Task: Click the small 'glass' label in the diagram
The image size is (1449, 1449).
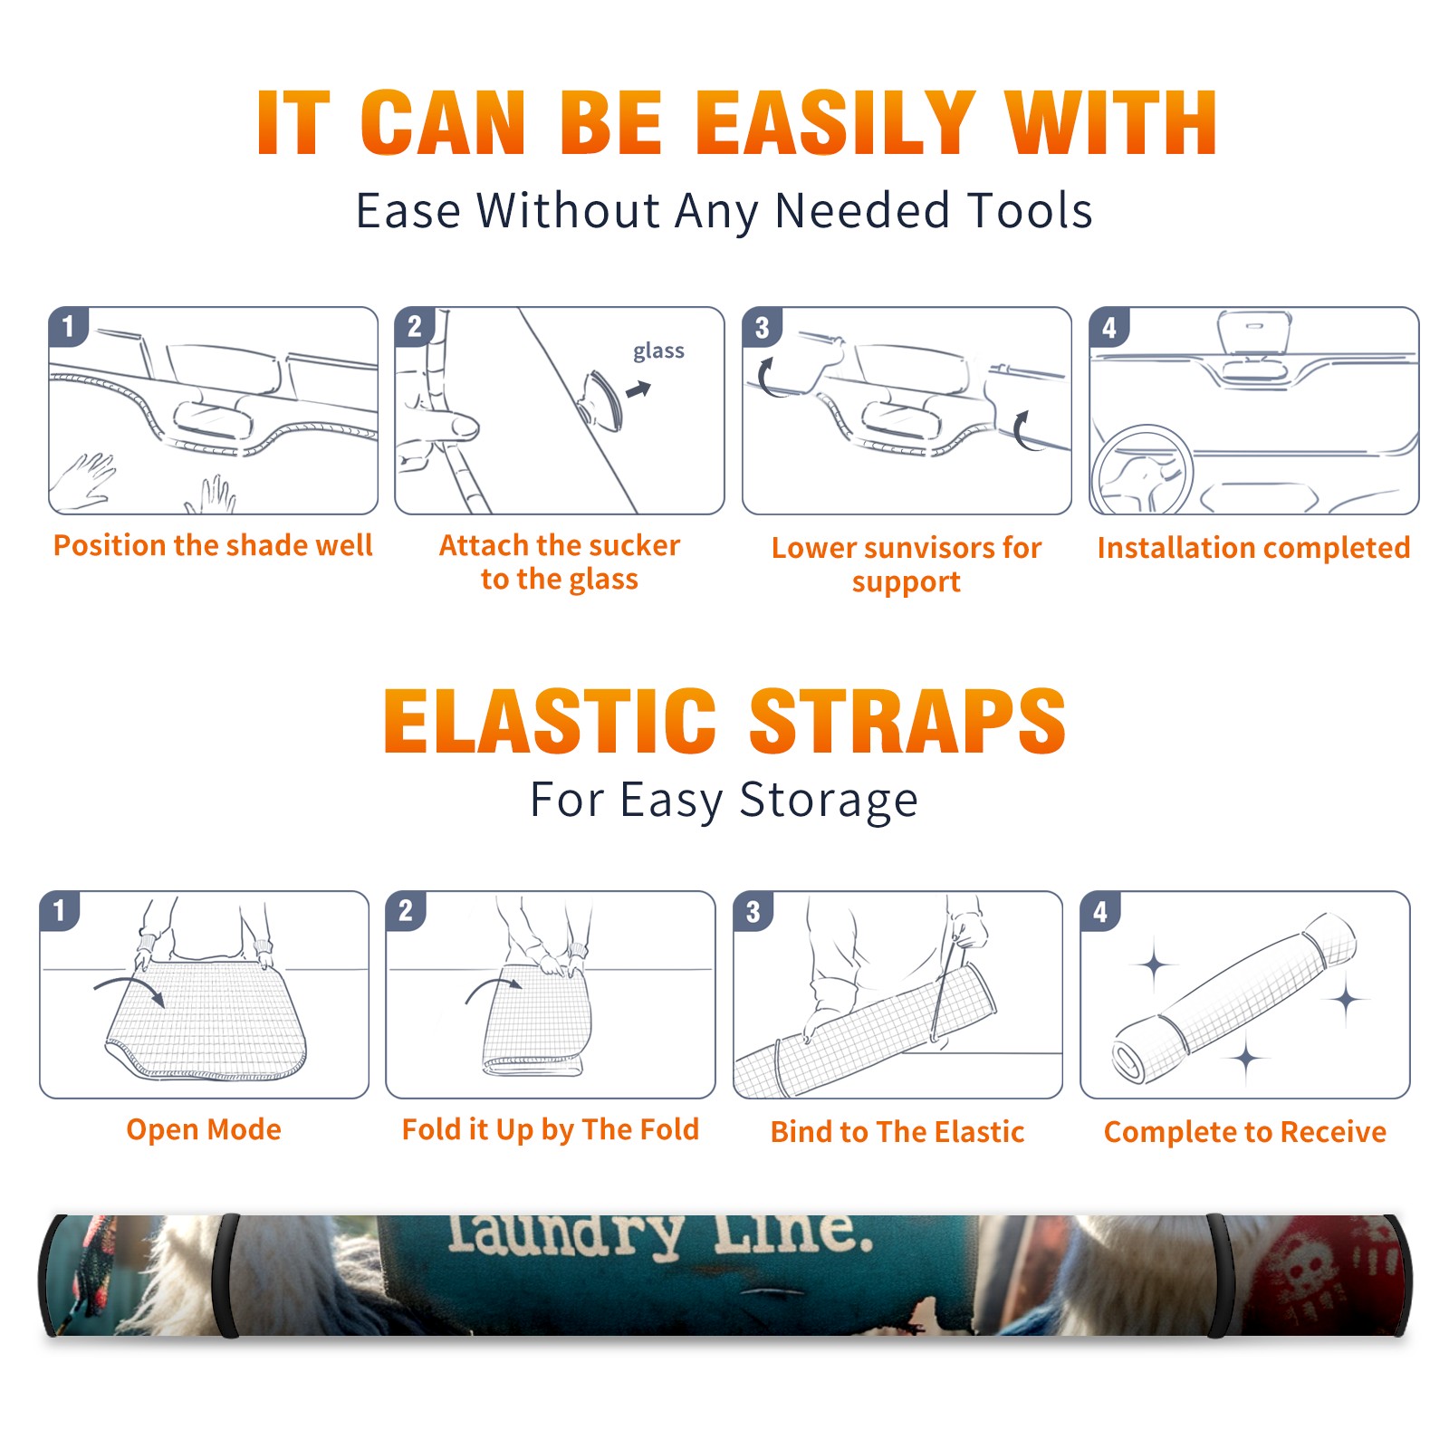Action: (658, 351)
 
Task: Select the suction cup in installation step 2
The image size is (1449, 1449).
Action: (602, 399)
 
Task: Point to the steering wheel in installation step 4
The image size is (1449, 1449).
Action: (1142, 470)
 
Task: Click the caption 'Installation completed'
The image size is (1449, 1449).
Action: (1253, 547)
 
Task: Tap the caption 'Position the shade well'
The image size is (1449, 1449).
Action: (213, 545)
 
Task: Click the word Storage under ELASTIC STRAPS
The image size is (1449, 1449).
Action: (829, 801)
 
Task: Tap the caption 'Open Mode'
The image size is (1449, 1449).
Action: (204, 1129)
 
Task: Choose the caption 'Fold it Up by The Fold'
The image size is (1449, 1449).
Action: (551, 1129)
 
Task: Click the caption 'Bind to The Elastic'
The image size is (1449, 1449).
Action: (897, 1132)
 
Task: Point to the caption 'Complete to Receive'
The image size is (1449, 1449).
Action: (1245, 1132)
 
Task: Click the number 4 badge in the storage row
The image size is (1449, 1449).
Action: (1100, 911)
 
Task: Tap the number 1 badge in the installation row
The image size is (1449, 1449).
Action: (68, 326)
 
